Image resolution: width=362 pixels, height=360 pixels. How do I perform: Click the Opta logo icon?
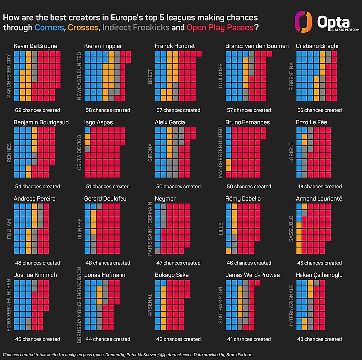(303, 22)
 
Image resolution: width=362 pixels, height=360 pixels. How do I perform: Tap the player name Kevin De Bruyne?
(35, 46)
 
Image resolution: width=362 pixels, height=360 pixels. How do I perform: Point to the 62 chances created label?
(38, 110)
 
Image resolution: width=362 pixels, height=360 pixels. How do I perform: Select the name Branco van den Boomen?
(256, 46)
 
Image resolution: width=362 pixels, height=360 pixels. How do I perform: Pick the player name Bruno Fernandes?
(247, 122)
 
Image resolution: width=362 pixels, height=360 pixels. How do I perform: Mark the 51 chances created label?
(108, 187)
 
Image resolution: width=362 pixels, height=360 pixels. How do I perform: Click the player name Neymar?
(165, 199)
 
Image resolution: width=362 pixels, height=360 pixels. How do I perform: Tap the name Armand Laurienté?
(318, 199)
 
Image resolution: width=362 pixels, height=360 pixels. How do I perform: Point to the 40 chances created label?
(318, 339)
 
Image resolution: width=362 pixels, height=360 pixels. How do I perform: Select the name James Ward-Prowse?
(252, 275)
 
